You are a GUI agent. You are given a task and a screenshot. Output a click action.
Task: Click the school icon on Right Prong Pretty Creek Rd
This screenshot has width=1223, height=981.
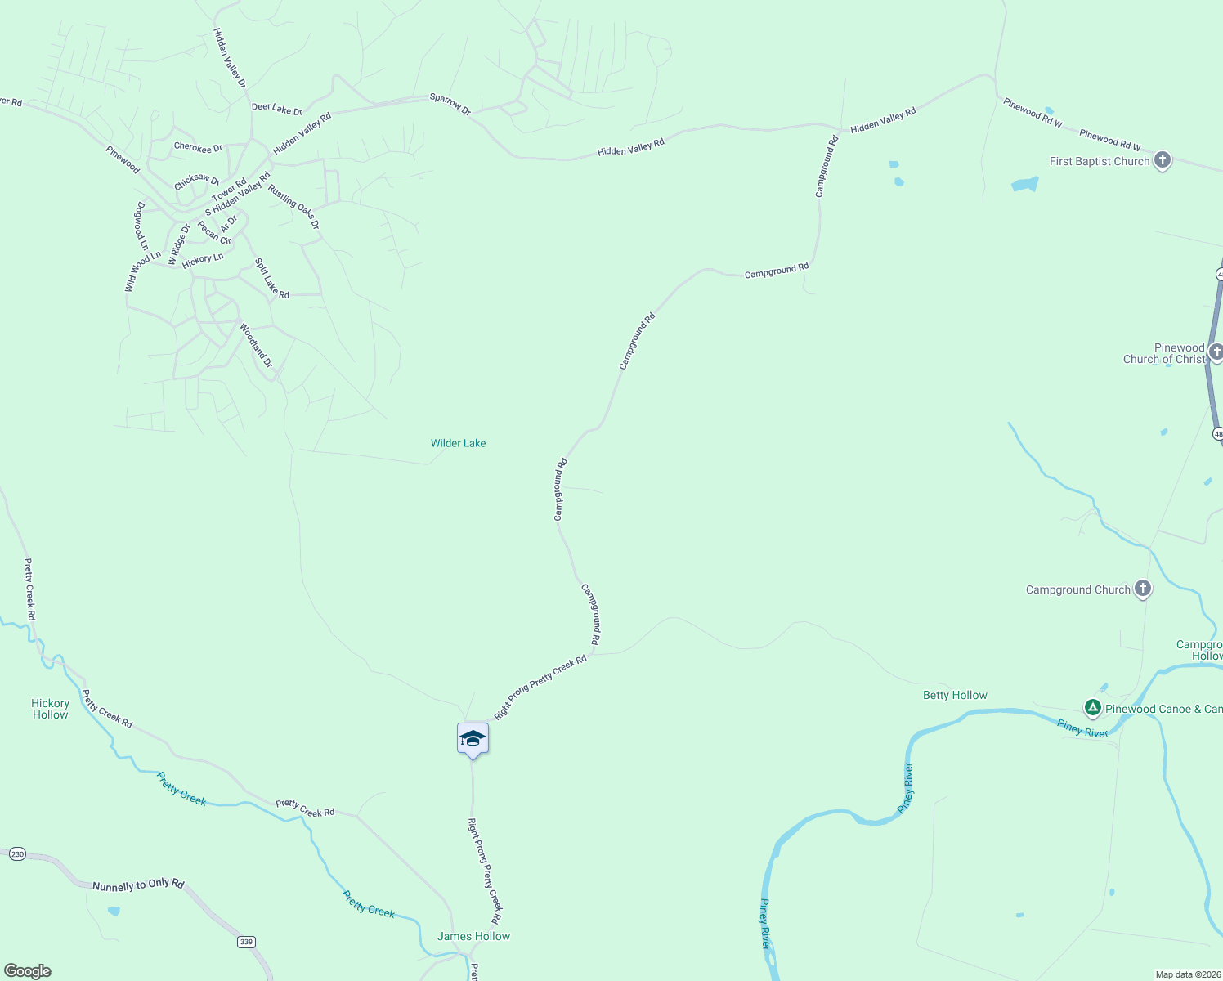tap(473, 738)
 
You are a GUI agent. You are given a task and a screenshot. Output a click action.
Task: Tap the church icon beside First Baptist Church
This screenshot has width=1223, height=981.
tap(1162, 160)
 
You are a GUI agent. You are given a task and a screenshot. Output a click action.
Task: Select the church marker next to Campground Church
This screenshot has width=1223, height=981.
tap(1143, 589)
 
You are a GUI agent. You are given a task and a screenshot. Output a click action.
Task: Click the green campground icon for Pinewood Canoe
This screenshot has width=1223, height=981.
tap(1092, 708)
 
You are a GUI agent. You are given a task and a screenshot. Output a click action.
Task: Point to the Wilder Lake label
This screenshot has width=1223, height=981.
tap(458, 443)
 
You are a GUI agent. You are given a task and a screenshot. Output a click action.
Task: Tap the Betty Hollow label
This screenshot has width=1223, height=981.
tap(955, 695)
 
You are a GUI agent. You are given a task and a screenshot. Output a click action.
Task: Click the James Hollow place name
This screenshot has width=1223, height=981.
tap(473, 936)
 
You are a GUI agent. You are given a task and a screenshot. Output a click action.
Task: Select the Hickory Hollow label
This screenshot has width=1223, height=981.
tap(51, 709)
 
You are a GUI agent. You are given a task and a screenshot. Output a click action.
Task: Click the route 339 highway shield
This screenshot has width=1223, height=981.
tap(246, 942)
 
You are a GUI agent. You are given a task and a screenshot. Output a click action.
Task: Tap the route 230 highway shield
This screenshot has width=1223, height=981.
tap(17, 854)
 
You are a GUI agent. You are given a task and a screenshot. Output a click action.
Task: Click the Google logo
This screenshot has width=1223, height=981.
tap(28, 971)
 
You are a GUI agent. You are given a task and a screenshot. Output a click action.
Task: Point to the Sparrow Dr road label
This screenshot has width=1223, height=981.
tap(450, 104)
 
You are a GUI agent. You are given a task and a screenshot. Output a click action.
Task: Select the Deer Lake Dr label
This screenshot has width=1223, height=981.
tap(276, 108)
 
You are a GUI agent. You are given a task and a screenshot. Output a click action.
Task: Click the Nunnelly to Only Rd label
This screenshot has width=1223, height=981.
tap(138, 885)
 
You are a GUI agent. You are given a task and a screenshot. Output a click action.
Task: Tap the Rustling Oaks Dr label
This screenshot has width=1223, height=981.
tap(293, 207)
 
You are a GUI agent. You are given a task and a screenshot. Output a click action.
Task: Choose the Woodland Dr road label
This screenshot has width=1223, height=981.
tap(256, 345)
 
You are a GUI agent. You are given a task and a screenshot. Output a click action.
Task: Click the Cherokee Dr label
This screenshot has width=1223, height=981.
tap(198, 148)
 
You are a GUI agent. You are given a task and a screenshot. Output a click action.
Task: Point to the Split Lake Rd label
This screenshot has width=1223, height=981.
tap(272, 279)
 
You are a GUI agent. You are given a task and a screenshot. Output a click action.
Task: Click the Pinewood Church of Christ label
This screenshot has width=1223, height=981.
tap(1164, 353)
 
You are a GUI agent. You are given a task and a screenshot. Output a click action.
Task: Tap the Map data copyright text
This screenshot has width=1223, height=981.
tap(1187, 974)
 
